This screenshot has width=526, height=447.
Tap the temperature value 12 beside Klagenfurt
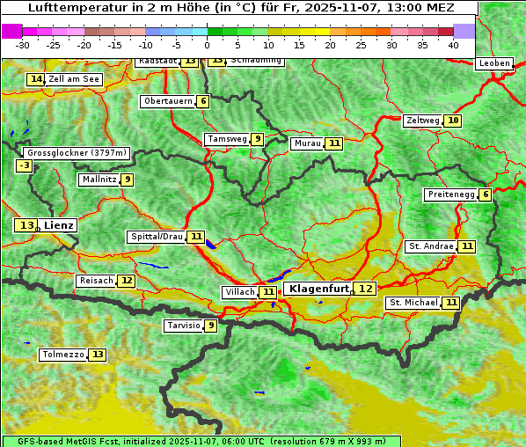pyautogui.click(x=365, y=289)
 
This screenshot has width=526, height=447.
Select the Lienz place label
pyautogui.click(x=60, y=225)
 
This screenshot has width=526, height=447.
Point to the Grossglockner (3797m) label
pyautogui.click(x=77, y=153)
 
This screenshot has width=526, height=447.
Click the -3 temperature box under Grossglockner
pyautogui.click(x=25, y=165)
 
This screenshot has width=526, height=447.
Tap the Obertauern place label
pyautogui.click(x=168, y=101)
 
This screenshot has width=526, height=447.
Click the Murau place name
pyautogui.click(x=307, y=143)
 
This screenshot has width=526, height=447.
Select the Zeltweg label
pyautogui.click(x=422, y=121)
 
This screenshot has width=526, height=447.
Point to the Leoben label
pyautogui.click(x=493, y=63)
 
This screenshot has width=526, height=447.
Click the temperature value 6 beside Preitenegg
pyautogui.click(x=486, y=194)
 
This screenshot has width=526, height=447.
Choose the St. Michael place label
pyautogui.click(x=413, y=303)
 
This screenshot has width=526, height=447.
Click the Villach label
pyautogui.click(x=239, y=292)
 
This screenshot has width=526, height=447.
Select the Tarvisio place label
pyautogui.click(x=183, y=326)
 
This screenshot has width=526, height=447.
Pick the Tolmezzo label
pyautogui.click(x=62, y=355)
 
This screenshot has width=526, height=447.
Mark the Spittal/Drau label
pyautogui.click(x=157, y=237)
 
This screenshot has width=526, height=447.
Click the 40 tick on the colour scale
pyautogui.click(x=452, y=44)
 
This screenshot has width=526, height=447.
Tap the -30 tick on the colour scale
pyautogui.click(x=23, y=44)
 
